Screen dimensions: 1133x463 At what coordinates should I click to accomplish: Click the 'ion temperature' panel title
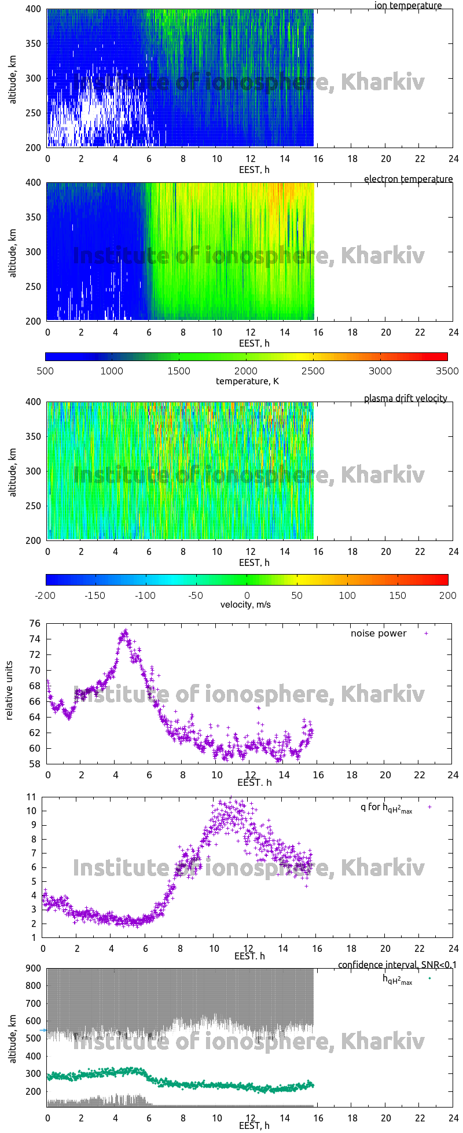click(407, 6)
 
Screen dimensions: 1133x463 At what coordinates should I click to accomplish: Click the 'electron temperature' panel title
click(408, 179)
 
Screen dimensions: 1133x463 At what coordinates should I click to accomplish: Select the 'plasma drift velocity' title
click(405, 399)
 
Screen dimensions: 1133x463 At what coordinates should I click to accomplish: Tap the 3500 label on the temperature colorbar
click(446, 371)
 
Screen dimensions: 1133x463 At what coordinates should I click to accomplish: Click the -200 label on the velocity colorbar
click(46, 595)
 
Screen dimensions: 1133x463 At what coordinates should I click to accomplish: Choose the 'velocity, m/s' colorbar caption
click(245, 605)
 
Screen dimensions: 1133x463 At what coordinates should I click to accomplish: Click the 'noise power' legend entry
click(379, 634)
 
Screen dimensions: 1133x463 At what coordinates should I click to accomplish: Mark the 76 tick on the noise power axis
click(35, 624)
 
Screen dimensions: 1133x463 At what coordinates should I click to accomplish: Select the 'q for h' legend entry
click(386, 808)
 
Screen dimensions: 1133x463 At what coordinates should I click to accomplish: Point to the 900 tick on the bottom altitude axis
click(34, 968)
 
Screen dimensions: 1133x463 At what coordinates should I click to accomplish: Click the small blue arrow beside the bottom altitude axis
click(43, 1030)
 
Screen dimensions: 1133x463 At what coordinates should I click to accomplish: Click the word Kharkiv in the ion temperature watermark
click(383, 82)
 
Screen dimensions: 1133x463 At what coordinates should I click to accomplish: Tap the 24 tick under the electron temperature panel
click(453, 332)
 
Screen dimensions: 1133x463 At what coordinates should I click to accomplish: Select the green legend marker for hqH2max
click(429, 978)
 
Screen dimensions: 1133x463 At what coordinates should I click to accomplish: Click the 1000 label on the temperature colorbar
click(112, 371)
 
